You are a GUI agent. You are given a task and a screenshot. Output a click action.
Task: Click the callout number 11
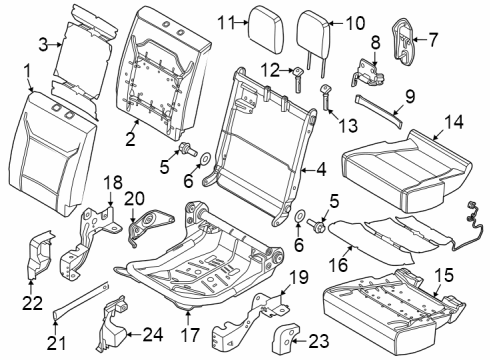coord(225,23)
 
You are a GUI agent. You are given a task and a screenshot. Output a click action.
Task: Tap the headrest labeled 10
coord(313,32)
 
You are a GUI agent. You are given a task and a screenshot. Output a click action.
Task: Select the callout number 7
coord(433,40)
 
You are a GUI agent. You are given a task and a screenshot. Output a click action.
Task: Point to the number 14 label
coord(453,122)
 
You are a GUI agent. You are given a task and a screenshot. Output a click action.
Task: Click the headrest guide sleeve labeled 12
coord(298,78)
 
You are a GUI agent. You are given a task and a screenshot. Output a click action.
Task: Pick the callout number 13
coord(348,126)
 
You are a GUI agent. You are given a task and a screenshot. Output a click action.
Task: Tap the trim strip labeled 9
coord(378,110)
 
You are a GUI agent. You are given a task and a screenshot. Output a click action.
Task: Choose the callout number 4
coord(321,170)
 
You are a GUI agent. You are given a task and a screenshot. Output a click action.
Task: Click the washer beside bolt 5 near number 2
coord(205,158)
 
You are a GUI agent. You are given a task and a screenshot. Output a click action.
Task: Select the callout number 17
coord(190,335)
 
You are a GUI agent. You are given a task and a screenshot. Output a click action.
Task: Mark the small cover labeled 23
coord(286,337)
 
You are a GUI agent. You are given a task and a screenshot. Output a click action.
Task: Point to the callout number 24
coord(153,334)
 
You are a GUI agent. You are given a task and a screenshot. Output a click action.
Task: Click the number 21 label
coord(56,343)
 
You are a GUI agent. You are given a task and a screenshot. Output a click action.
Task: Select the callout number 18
coord(113,183)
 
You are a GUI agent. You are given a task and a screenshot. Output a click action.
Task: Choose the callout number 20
coord(135,198)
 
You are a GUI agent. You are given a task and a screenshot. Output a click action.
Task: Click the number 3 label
coord(43,45)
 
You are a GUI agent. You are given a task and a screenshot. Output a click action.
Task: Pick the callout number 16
coord(338,265)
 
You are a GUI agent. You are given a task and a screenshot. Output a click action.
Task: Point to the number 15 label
coord(444,275)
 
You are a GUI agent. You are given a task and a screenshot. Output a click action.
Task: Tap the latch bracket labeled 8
coord(367,73)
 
